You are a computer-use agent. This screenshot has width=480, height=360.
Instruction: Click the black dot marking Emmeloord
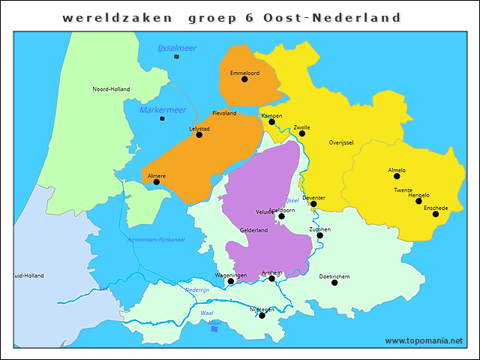pyautogui.click(x=244, y=79)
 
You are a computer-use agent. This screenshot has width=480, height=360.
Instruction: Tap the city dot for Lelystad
pyautogui.click(x=199, y=135)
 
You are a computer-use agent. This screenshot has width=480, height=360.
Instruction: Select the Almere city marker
pyautogui.click(x=157, y=182)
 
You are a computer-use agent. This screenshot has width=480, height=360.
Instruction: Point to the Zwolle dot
pyautogui.click(x=302, y=133)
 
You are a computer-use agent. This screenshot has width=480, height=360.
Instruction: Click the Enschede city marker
pyautogui.click(x=436, y=214)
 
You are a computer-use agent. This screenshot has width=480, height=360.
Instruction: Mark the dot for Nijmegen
pyautogui.click(x=262, y=316)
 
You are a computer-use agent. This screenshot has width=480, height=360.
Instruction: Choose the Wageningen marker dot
pyautogui.click(x=231, y=282)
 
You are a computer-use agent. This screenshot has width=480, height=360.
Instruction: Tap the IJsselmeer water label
pyautogui.click(x=177, y=48)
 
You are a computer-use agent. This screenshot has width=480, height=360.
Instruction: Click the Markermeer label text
pyautogui.click(x=162, y=110)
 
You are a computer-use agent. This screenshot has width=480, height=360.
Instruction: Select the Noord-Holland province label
pyautogui.click(x=111, y=89)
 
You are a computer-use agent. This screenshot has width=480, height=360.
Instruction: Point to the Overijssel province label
pyautogui.click(x=340, y=142)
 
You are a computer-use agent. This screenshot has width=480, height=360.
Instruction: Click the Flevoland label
pyautogui.click(x=224, y=113)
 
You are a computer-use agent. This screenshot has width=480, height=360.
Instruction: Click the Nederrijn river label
pyautogui.click(x=197, y=289)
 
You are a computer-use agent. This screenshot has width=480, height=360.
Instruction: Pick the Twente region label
pyautogui.click(x=403, y=190)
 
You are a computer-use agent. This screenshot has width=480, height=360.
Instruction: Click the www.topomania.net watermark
pyautogui.click(x=424, y=340)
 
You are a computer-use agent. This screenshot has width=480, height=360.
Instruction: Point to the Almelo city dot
pyautogui.click(x=397, y=178)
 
